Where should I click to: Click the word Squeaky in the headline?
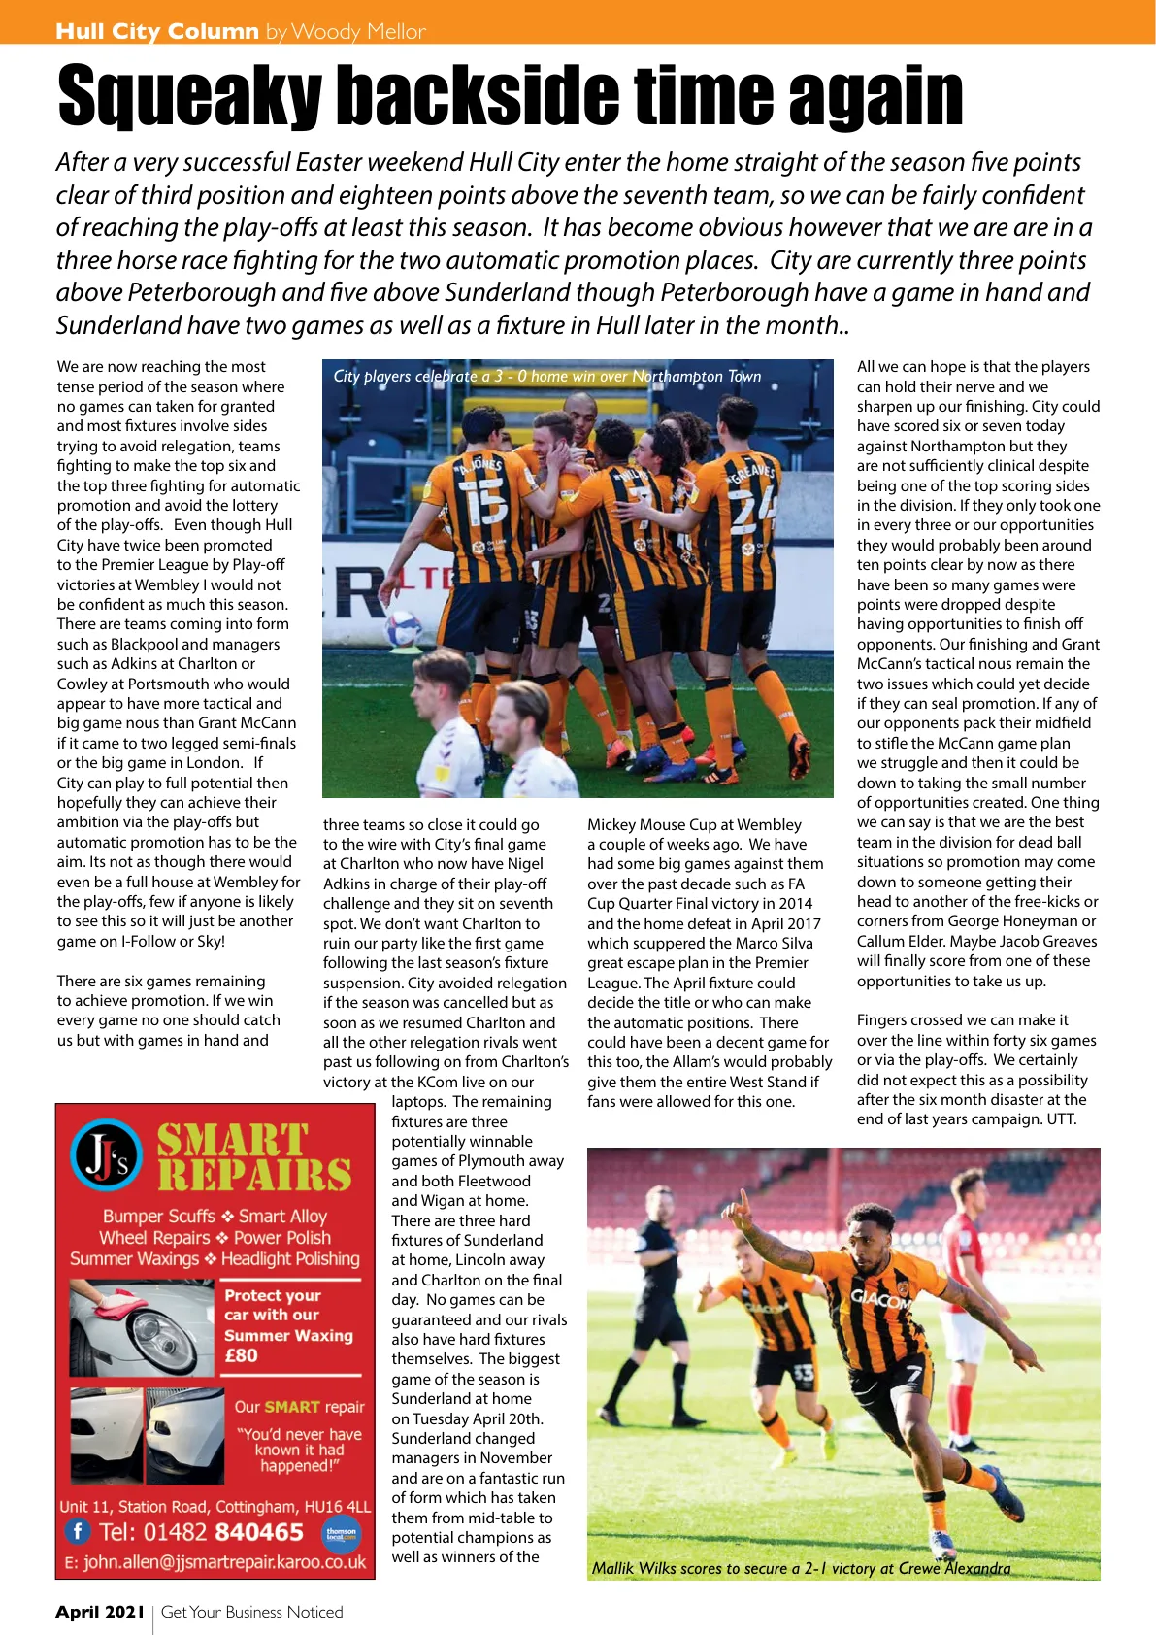pyautogui.click(x=189, y=97)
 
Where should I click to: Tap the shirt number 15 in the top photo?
pyautogui.click(x=486, y=501)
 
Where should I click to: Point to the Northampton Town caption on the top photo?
pyautogui.click(x=546, y=377)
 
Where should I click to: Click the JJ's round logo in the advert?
pyautogui.click(x=106, y=1155)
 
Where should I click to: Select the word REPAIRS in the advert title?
pyautogui.click(x=254, y=1175)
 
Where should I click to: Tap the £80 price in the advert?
pyautogui.click(x=242, y=1355)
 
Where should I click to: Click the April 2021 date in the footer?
pyautogui.click(x=100, y=1612)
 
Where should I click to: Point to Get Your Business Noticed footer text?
pyautogui.click(x=252, y=1612)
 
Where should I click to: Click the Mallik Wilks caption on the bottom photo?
pyautogui.click(x=801, y=1568)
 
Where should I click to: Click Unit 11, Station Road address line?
pyautogui.click(x=215, y=1506)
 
